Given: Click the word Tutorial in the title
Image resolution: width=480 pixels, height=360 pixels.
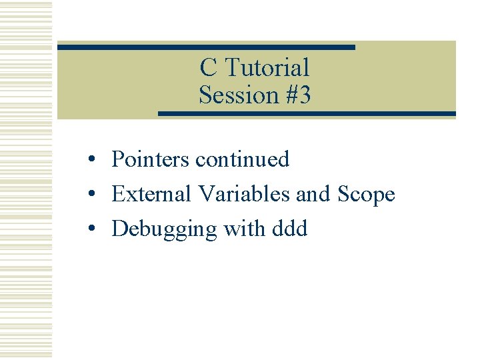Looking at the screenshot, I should click(267, 67).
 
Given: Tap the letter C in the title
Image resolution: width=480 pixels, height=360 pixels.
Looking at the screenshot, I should click(208, 67).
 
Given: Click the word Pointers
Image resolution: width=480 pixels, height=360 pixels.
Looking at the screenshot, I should click(151, 159).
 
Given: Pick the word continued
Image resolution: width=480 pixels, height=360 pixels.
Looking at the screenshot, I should click(243, 159).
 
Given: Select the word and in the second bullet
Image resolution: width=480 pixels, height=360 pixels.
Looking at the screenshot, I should click(313, 194).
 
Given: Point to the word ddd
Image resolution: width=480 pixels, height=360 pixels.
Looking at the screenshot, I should click(290, 229).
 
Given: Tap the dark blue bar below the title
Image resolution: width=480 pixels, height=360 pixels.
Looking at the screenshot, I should click(307, 114).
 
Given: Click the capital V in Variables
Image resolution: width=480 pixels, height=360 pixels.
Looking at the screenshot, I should click(206, 194).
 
